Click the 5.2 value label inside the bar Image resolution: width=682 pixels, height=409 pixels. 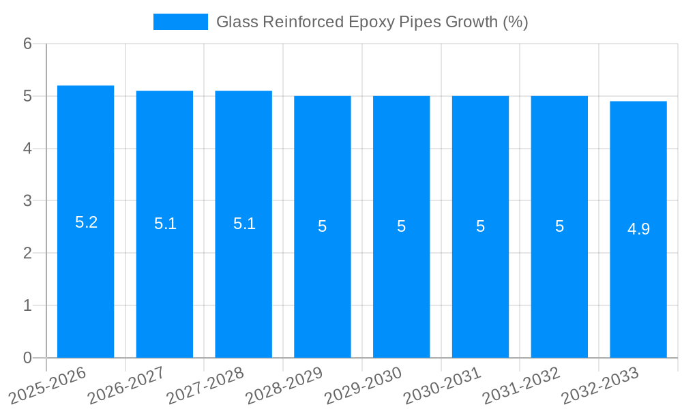[x=86, y=222]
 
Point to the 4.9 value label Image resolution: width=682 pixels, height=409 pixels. [x=638, y=229]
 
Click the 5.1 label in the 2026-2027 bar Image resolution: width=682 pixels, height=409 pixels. [x=165, y=224]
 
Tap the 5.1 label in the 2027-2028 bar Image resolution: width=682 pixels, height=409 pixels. [x=244, y=224]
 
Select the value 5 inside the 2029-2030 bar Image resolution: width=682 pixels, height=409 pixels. [x=402, y=226]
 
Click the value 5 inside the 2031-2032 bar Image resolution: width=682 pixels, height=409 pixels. [x=559, y=226]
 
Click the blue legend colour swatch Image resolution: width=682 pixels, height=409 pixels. [x=180, y=22]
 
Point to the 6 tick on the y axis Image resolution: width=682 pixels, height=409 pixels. [x=27, y=44]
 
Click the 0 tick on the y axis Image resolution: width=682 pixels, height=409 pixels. [x=27, y=358]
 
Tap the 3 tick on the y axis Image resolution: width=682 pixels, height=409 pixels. [x=27, y=201]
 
